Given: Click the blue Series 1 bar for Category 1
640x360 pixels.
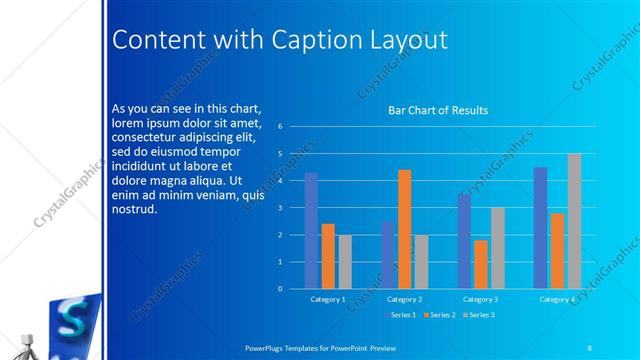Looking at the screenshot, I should point(311,231).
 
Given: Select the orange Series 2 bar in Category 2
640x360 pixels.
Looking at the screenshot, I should point(404,229).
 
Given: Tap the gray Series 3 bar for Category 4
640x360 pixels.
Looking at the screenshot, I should point(574,221).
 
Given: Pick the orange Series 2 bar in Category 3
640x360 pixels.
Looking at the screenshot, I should point(481,264).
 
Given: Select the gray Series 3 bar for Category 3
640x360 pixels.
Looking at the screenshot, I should point(498,248).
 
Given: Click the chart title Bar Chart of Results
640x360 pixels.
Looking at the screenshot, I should point(438,110).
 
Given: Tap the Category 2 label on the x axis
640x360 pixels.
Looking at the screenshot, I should point(404,299).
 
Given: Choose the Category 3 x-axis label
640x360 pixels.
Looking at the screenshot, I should point(480,299).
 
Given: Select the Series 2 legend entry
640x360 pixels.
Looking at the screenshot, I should point(439,315).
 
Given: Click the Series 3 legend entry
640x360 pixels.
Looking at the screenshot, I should point(479,315).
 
